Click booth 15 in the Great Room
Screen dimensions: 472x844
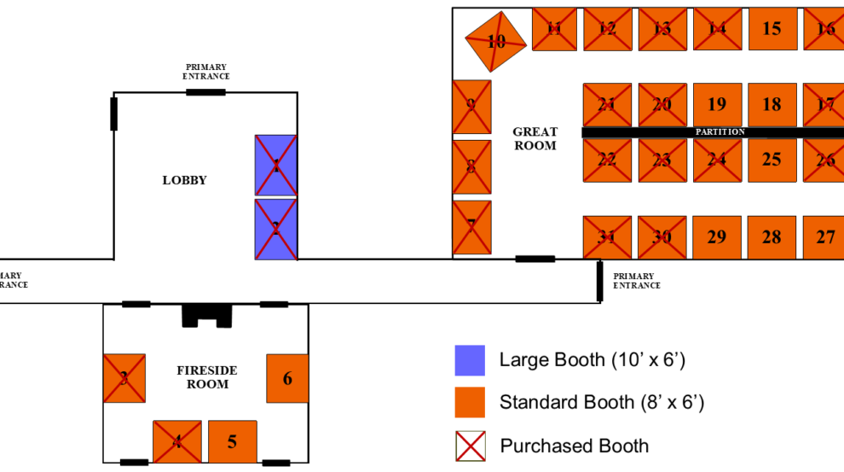pos(772,29)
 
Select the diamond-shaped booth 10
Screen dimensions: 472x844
pos(495,41)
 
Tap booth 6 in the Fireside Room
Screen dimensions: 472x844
pos(287,378)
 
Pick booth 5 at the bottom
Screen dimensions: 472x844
pos(233,442)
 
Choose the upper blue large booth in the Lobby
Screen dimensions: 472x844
pos(276,166)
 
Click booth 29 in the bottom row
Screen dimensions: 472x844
pos(717,237)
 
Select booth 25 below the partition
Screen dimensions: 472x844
pos(772,160)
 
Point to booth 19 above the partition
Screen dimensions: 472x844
pos(717,104)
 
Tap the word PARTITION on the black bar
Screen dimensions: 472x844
pos(720,132)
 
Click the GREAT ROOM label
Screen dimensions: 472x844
pos(535,138)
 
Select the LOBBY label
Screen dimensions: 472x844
pos(185,180)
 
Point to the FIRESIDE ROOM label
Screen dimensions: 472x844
pos(207,377)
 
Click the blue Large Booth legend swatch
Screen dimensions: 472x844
pos(470,360)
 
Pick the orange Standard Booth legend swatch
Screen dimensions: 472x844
pos(470,402)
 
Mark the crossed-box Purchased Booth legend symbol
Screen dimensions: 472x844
pos(470,446)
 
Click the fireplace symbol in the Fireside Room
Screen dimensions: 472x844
pos(207,315)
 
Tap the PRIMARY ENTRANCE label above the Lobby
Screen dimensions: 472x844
pos(207,72)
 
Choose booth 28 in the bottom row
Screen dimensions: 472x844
pos(772,237)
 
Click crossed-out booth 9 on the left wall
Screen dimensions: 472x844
pos(471,107)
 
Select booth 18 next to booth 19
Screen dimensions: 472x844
pos(772,104)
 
